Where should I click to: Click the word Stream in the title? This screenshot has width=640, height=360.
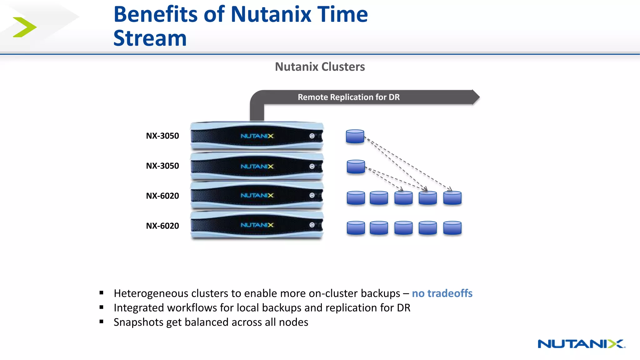point(150,38)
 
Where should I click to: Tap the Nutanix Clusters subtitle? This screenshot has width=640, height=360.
point(320,67)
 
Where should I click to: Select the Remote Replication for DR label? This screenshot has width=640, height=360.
point(348,97)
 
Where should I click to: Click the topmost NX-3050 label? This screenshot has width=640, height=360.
point(162,136)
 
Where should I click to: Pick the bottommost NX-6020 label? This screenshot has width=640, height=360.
point(162,226)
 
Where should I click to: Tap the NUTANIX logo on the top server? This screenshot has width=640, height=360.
point(257,136)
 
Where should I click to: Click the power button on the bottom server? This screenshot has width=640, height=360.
point(312,225)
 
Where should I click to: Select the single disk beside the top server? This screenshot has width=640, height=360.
point(355,137)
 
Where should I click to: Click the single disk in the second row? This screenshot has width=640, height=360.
point(356,167)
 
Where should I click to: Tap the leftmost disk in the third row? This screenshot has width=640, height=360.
point(356,198)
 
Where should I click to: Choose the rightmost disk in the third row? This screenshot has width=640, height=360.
point(452,198)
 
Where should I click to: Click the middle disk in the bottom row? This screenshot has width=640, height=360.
point(403,228)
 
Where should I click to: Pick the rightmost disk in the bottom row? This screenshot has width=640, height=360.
point(452,228)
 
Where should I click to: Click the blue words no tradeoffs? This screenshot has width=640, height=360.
point(442,293)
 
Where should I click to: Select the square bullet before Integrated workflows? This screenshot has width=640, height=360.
point(101,307)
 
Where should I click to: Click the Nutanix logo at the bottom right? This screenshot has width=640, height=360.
point(581,344)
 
